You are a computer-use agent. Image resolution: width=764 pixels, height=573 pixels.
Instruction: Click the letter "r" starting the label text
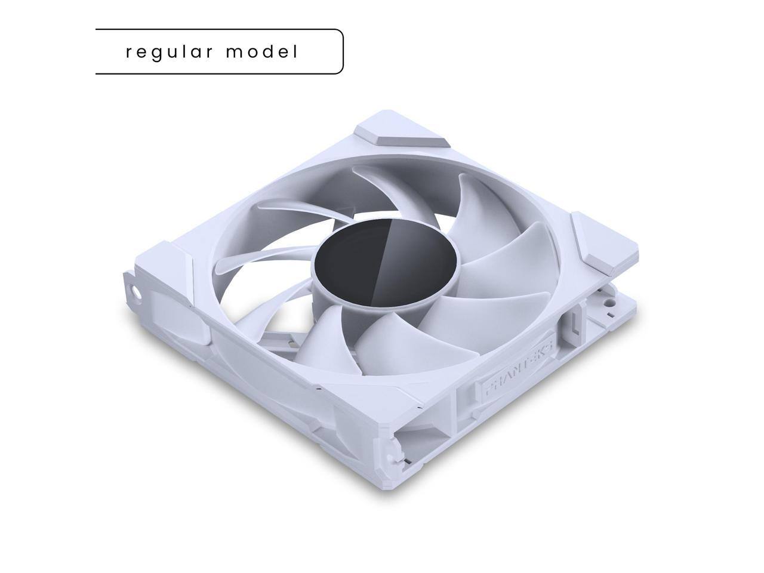click(129, 53)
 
